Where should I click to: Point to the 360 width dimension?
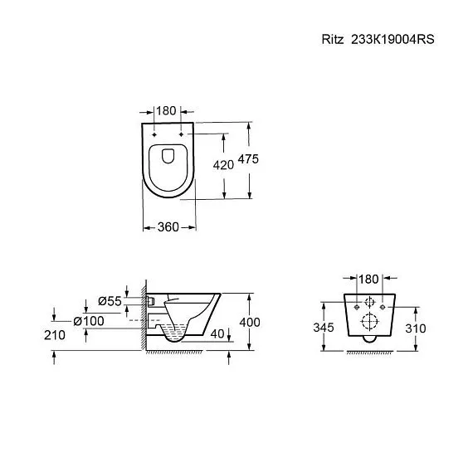click(x=168, y=226)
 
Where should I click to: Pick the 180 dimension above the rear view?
click(x=369, y=279)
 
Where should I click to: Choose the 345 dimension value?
click(x=324, y=328)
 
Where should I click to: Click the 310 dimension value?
click(x=415, y=328)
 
